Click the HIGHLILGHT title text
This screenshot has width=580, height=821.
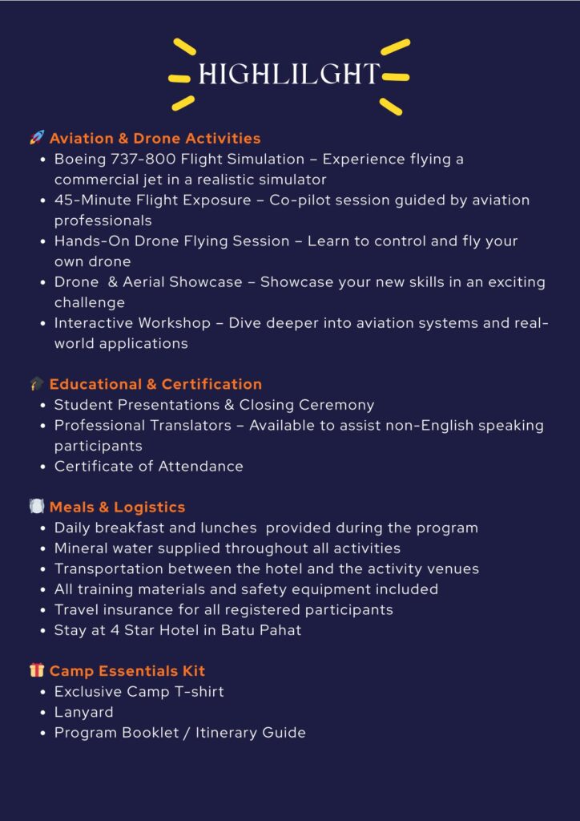pyautogui.click(x=289, y=74)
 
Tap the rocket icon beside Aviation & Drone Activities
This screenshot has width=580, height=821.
pyautogui.click(x=37, y=138)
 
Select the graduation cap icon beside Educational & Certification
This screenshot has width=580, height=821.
pyautogui.click(x=37, y=384)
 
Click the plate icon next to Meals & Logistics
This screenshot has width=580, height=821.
pyautogui.click(x=37, y=507)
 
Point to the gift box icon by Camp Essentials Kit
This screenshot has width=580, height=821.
pyautogui.click(x=37, y=670)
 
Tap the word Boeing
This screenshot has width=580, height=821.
pyautogui.click(x=79, y=159)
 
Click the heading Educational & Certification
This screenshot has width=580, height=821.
pyautogui.click(x=155, y=384)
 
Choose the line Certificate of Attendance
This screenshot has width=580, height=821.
pyautogui.click(x=148, y=466)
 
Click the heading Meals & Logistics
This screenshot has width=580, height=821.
pyautogui.click(x=117, y=507)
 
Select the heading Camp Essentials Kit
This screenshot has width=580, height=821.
pyautogui.click(x=127, y=670)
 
